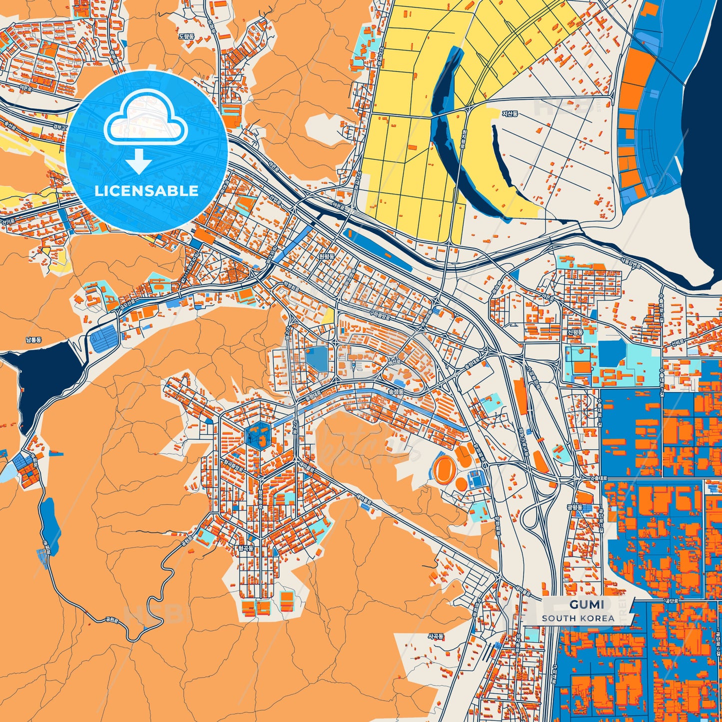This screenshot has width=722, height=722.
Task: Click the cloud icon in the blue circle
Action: pos(145,118)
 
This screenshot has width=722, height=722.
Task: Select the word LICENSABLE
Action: pos(146,191)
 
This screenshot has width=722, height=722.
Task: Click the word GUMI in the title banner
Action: pos(587,605)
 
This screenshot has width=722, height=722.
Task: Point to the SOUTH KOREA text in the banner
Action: pos(578,618)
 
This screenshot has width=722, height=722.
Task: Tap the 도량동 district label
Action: pos(186,36)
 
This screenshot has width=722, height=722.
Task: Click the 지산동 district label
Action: pos(510,114)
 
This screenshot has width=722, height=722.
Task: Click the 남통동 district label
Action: pos(34,340)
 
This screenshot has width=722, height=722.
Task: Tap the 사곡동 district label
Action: pos(435,636)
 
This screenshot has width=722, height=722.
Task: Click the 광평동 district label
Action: pos(575,507)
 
